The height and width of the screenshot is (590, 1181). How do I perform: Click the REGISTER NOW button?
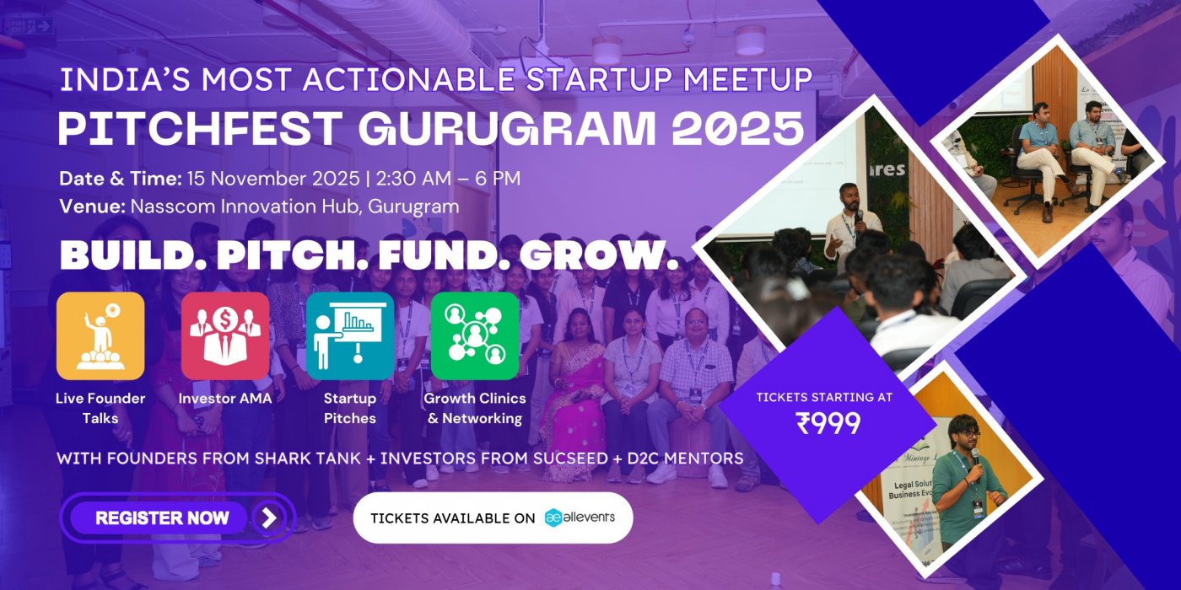pyautogui.click(x=162, y=518)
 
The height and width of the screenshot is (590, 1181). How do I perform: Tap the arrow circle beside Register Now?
pyautogui.click(x=268, y=518)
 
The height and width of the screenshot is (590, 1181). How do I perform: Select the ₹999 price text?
pyautogui.click(x=828, y=423)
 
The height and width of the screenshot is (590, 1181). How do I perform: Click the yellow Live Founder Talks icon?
pyautogui.click(x=100, y=335)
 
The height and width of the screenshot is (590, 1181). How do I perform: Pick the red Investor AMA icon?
pyautogui.click(x=225, y=335)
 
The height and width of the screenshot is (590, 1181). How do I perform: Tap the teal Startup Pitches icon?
pyautogui.click(x=350, y=335)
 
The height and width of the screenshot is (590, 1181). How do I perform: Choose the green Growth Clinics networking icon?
pyautogui.click(x=475, y=335)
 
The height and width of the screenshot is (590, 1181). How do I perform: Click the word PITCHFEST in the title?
pyautogui.click(x=201, y=129)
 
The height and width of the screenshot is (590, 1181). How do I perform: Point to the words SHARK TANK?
pyautogui.click(x=337, y=459)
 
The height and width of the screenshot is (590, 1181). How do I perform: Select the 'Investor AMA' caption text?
pyautogui.click(x=225, y=399)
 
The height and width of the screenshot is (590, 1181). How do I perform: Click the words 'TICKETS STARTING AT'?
pyautogui.click(x=823, y=397)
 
